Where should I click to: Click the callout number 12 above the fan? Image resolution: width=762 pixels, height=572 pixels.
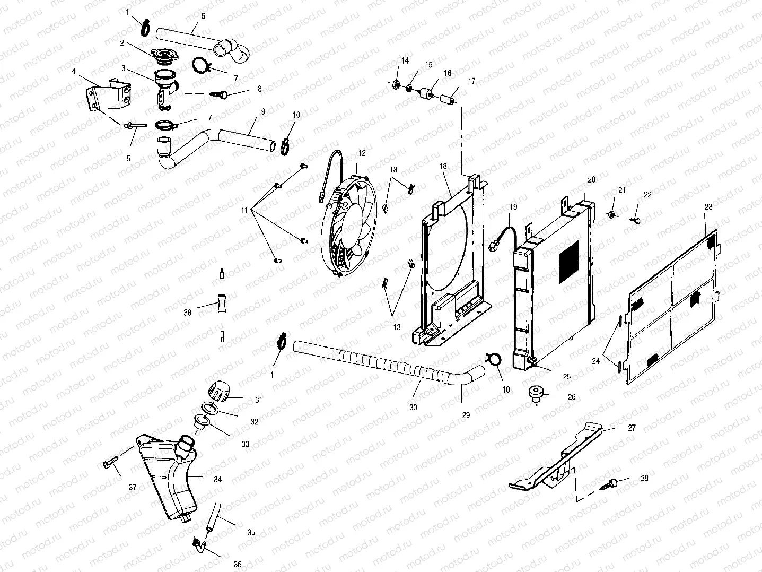click(362, 153)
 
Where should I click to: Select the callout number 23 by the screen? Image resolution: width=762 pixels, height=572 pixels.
click(708, 206)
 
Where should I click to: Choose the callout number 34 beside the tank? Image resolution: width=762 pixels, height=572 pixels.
click(217, 479)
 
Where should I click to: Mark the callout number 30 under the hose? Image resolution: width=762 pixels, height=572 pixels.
click(414, 408)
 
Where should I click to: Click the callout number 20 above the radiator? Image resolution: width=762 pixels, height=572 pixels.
click(591, 179)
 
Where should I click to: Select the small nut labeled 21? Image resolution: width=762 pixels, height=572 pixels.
click(611, 214)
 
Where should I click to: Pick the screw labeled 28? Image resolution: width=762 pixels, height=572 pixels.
click(614, 483)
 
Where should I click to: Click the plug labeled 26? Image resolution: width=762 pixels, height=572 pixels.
click(537, 394)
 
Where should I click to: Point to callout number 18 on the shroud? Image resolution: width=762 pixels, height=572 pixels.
click(444, 166)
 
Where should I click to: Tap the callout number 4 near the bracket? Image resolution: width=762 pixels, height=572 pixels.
click(74, 71)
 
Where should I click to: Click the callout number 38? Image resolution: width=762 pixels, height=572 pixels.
click(187, 313)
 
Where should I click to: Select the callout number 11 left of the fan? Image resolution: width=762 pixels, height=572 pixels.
click(244, 211)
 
